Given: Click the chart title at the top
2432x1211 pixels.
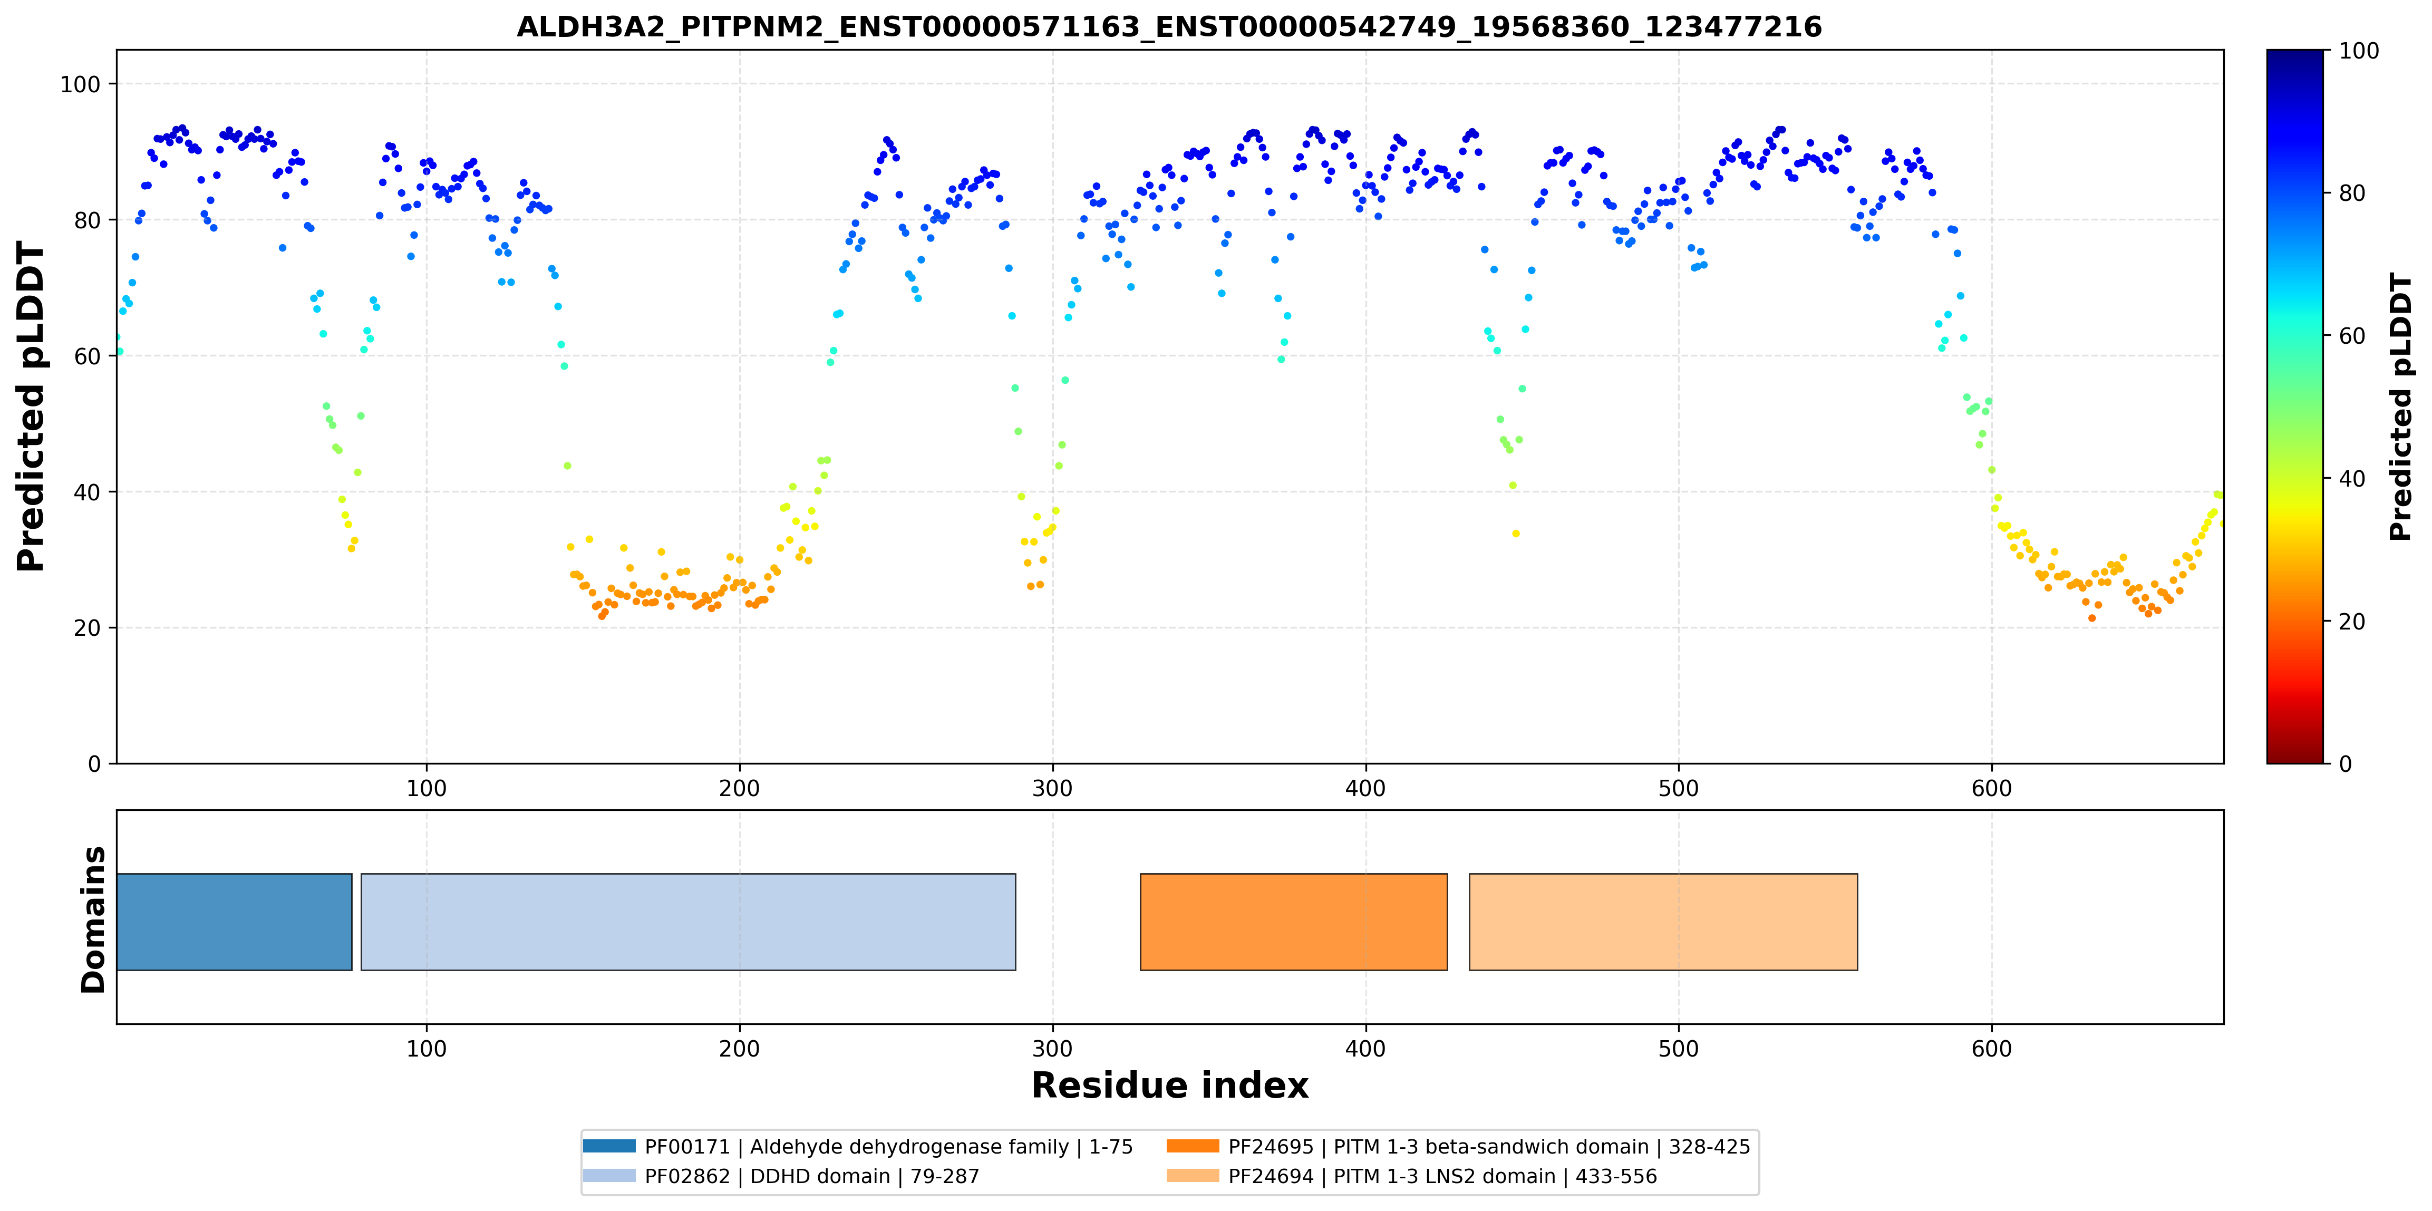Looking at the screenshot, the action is (x=1169, y=26).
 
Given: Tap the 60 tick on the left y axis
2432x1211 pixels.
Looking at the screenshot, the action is (x=87, y=356).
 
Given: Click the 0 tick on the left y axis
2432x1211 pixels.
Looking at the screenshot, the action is (x=93, y=763).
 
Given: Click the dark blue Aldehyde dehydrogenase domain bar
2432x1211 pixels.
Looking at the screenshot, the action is (x=234, y=922).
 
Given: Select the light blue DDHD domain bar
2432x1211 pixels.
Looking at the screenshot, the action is (x=688, y=922).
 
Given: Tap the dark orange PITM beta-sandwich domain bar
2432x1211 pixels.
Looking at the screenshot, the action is (x=1293, y=922).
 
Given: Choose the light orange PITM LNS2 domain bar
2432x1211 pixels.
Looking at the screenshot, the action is (x=1663, y=922).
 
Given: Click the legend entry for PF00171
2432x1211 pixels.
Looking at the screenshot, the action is (x=857, y=1147).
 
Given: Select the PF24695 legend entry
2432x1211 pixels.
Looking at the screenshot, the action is (x=1458, y=1147).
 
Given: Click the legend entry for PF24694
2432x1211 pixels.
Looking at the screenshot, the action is (x=1411, y=1176).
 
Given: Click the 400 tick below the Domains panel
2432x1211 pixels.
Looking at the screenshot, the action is (x=1365, y=1049).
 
